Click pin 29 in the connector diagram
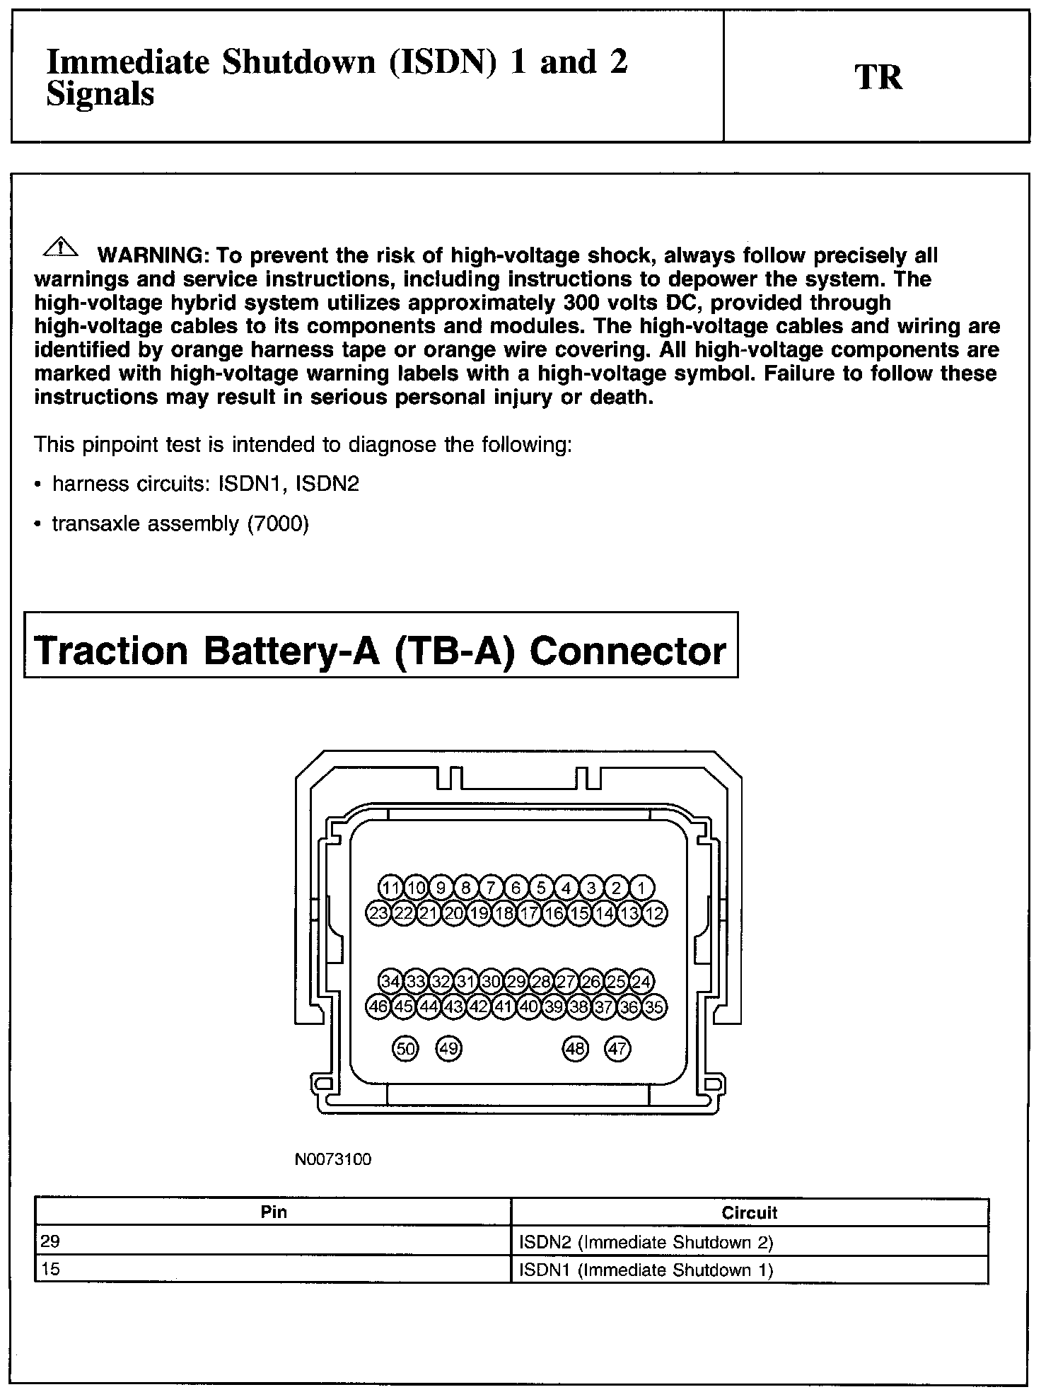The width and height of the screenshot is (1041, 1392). point(516,981)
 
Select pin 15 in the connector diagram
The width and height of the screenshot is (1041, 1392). point(579,912)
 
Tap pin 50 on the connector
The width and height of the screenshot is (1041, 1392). point(405,1048)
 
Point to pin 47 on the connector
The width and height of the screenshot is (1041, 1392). point(617,1048)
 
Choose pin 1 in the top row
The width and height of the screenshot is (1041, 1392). point(642,888)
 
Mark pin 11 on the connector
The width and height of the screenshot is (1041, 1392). point(390,888)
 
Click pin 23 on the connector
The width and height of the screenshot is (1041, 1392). point(378,912)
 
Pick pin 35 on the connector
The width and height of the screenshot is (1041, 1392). point(655,1007)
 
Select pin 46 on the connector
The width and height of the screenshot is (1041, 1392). point(378,1007)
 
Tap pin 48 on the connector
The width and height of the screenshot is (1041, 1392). point(575,1048)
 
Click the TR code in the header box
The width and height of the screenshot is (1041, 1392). point(878,77)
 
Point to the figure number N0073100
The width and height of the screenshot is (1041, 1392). point(333,1159)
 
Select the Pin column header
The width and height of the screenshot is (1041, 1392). point(274,1212)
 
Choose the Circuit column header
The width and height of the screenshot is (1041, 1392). point(749,1213)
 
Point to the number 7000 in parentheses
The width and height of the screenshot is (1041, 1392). point(278,523)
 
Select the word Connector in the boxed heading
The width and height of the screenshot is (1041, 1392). point(628,651)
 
